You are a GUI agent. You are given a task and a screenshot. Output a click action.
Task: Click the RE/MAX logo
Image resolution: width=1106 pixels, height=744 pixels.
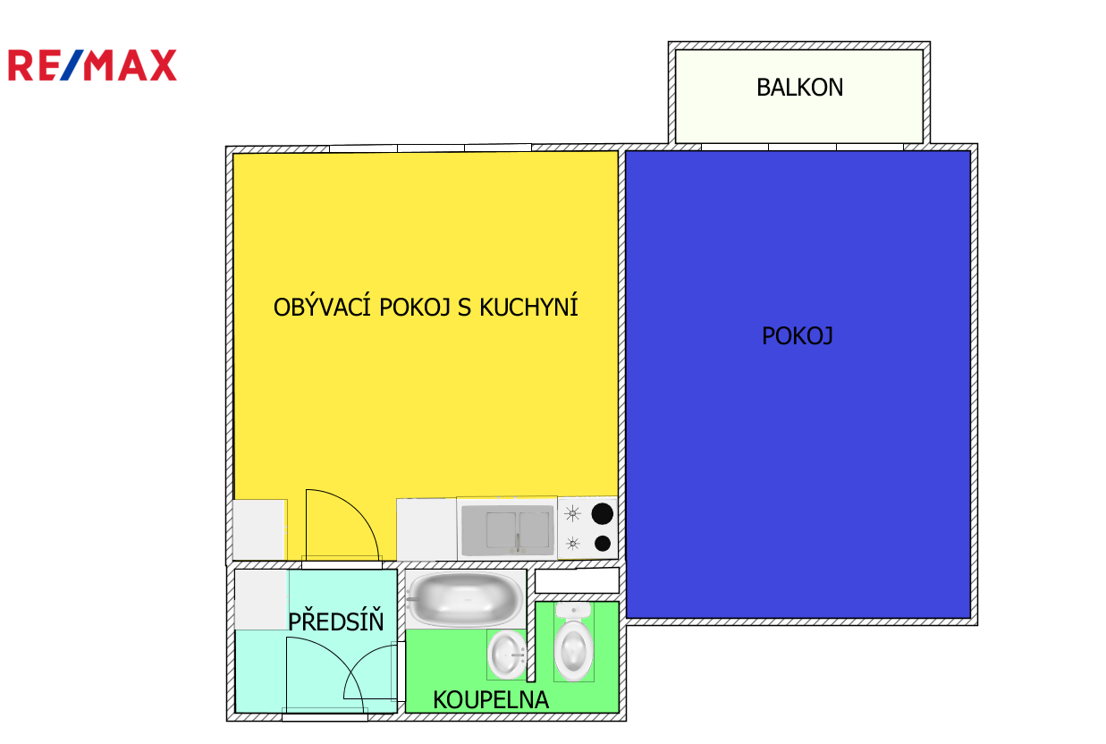(92, 65)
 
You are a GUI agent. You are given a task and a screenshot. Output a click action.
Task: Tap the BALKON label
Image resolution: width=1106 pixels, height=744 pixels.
(800, 88)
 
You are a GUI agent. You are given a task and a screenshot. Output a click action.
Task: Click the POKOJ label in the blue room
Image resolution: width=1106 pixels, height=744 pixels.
(798, 336)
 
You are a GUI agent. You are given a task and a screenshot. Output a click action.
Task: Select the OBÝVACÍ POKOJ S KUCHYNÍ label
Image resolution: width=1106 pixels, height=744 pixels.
(426, 306)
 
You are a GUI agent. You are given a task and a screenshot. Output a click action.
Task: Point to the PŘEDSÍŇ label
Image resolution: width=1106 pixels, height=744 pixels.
(336, 621)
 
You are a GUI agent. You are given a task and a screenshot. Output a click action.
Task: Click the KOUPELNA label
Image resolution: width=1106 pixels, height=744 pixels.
(491, 700)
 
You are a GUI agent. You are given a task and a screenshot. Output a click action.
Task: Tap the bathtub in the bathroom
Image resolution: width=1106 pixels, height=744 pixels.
(466, 599)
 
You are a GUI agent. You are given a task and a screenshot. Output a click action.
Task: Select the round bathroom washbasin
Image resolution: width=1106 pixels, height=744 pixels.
(507, 655)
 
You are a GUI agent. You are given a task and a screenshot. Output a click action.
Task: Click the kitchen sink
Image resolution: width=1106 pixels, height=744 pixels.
(507, 530)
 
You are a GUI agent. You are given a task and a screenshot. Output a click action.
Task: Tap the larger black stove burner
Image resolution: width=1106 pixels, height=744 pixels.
(603, 514)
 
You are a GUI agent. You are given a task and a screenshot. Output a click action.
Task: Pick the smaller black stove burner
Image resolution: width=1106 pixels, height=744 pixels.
(603, 544)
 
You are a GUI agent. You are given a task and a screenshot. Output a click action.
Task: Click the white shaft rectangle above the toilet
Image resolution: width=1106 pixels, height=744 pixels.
(577, 580)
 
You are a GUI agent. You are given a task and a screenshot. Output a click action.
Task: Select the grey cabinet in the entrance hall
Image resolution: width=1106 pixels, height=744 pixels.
(262, 600)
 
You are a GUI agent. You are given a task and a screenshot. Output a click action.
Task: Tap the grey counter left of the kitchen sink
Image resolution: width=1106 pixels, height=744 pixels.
(426, 529)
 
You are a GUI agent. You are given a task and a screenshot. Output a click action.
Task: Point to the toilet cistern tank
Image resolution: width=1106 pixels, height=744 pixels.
(573, 610)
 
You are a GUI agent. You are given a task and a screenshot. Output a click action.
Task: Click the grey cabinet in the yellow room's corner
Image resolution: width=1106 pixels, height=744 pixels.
(259, 529)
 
